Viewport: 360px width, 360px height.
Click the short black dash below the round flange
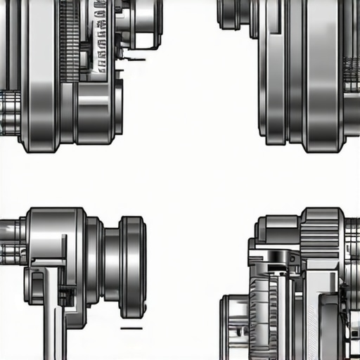131,328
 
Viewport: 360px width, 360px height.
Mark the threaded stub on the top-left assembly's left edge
8,112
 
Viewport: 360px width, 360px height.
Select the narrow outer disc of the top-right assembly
275,70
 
